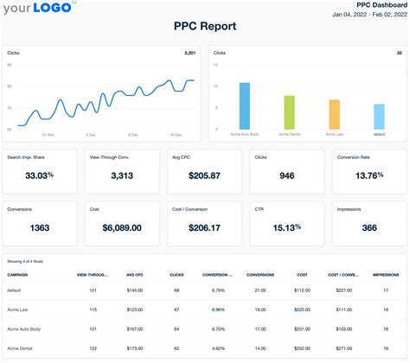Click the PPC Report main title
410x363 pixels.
pos(204,27)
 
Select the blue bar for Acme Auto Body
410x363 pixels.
pos(245,106)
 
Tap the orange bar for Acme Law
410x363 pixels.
pos(334,115)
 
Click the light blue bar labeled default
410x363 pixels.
pos(379,117)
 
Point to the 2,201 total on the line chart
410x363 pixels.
pos(191,53)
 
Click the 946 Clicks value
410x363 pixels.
pos(287,175)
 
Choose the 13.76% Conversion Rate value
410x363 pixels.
pos(369,175)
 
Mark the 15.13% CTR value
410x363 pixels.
pos(287,228)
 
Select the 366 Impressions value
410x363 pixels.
pos(369,228)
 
